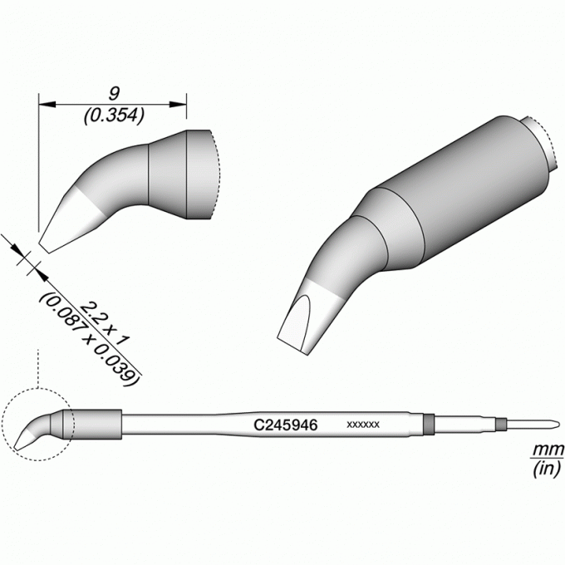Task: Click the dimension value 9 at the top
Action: click(x=114, y=94)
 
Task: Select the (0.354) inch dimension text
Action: click(x=114, y=115)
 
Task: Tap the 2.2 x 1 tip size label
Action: click(x=105, y=324)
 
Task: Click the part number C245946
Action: click(x=285, y=425)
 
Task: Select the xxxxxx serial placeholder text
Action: click(x=363, y=425)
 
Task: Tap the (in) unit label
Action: click(x=547, y=469)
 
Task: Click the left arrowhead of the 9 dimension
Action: click(x=47, y=105)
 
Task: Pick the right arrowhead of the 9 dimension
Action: click(x=178, y=105)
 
